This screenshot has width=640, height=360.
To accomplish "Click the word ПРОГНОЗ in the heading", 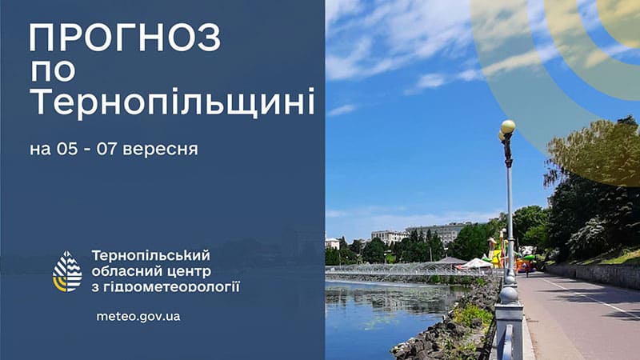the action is (x=125, y=38).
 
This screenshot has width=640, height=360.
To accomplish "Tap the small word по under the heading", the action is (x=53, y=71).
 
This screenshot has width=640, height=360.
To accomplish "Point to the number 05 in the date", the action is (x=67, y=149).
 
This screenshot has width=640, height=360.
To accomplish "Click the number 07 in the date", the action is (x=107, y=149).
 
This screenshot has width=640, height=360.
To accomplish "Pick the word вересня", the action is (x=160, y=150).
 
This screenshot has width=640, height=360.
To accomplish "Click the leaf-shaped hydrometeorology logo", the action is (x=67, y=271).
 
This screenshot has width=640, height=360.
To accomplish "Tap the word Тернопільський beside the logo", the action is (x=150, y=255).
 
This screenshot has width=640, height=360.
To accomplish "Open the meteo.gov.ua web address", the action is (x=138, y=317).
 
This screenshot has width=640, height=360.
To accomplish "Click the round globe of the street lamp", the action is (x=508, y=126).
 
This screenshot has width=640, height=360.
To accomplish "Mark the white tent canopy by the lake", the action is (x=476, y=264).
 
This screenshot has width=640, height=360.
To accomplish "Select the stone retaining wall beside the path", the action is (x=593, y=274).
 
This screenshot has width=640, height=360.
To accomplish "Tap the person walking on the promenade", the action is (x=526, y=270).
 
